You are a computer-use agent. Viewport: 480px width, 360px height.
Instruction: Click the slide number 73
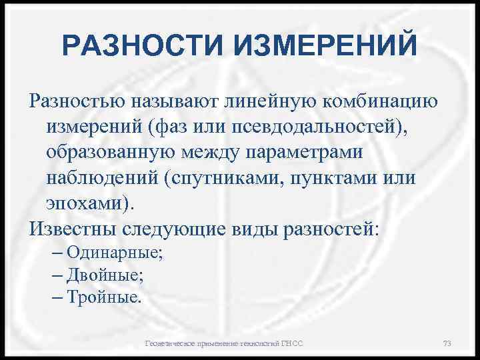coord(447,343)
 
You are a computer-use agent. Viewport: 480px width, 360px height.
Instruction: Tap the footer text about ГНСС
coord(224,343)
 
